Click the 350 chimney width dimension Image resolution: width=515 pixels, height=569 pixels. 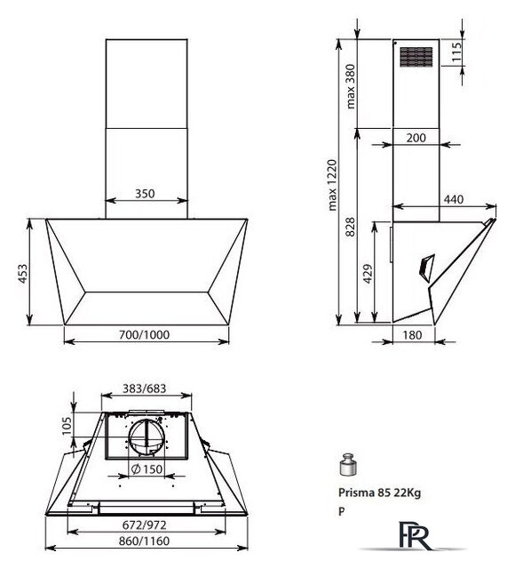coord(145,194)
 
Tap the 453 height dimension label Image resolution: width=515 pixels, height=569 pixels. coord(22,274)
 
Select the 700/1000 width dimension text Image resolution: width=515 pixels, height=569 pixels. coord(144,334)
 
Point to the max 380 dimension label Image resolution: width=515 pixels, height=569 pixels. coord(351,86)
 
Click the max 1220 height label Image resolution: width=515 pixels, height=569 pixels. coord(332,185)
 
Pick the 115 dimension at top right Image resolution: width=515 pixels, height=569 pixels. coord(456,52)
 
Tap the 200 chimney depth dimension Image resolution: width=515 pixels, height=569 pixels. coord(416,138)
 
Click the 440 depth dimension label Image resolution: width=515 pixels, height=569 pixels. coord(454,199)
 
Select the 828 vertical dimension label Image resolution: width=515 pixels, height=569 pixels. coord(351,228)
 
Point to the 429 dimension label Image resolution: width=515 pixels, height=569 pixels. coord(368,274)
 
